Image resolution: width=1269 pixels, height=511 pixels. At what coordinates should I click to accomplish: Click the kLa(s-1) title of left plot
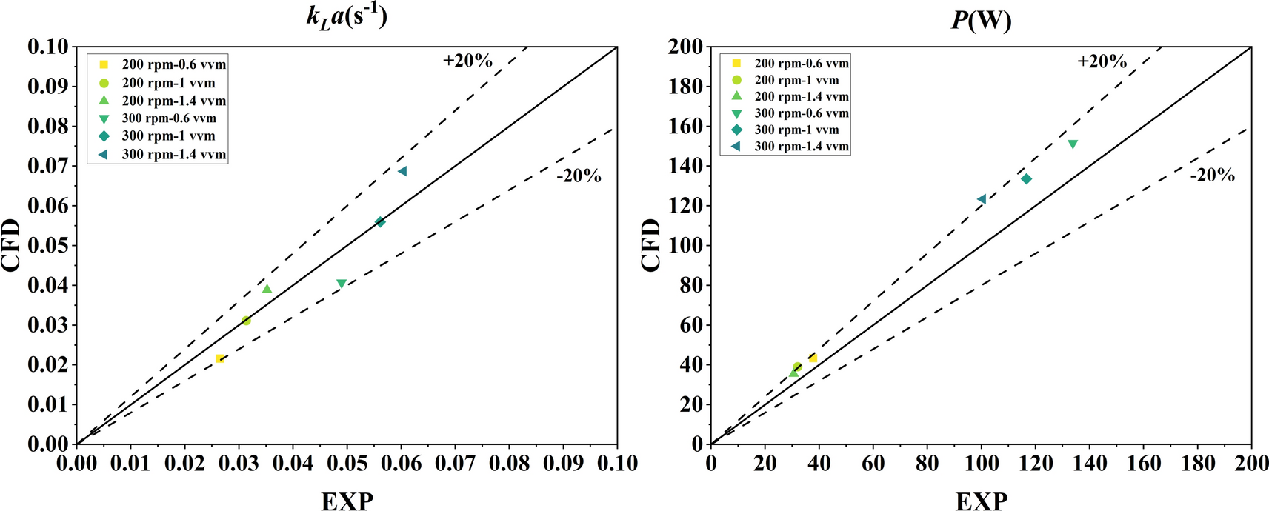click(x=346, y=16)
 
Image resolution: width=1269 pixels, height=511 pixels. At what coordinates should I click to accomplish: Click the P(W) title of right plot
click(x=981, y=19)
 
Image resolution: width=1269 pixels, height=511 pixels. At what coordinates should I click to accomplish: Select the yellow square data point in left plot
click(x=219, y=358)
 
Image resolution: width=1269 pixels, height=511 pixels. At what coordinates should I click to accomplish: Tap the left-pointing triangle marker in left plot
click(x=402, y=171)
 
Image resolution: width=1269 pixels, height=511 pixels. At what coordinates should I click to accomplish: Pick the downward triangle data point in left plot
click(x=341, y=284)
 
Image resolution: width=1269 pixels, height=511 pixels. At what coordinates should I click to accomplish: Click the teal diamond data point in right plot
click(x=1026, y=178)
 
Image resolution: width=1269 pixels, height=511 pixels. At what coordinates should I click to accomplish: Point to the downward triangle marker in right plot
click(x=1072, y=144)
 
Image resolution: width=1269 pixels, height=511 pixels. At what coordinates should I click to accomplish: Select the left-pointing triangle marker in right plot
click(x=982, y=199)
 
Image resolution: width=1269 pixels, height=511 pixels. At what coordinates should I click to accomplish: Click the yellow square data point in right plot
click(x=813, y=358)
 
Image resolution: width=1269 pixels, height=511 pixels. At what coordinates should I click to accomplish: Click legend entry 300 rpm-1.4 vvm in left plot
click(x=173, y=155)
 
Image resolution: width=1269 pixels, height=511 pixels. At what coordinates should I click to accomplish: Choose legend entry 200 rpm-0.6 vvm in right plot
click(x=802, y=64)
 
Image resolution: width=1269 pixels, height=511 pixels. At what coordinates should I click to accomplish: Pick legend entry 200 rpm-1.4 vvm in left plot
click(x=173, y=101)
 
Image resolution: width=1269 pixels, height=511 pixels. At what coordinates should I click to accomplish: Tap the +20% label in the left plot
click(x=467, y=61)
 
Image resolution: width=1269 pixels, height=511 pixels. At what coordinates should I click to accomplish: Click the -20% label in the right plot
click(x=1212, y=176)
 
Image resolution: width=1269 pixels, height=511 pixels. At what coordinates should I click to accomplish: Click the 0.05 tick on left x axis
click(x=347, y=464)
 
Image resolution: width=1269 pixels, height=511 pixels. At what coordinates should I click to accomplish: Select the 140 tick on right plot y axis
click(x=685, y=166)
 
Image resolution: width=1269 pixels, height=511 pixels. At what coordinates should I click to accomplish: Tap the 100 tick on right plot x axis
click(x=981, y=464)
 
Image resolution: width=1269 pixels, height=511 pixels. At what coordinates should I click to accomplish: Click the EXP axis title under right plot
click(x=981, y=501)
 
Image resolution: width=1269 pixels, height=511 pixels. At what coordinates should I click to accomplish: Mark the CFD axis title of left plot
click(x=12, y=245)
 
